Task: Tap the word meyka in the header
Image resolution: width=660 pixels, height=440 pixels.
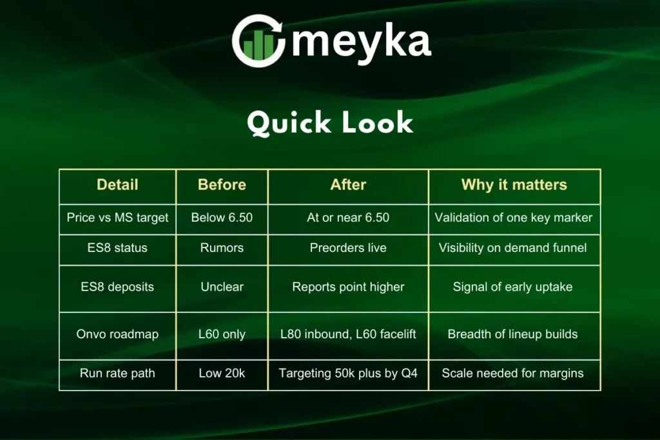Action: click(x=362, y=43)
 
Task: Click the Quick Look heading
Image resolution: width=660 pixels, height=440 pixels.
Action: click(x=330, y=123)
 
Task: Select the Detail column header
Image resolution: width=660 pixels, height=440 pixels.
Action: click(x=117, y=185)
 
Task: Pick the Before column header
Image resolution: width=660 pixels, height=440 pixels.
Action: click(x=222, y=185)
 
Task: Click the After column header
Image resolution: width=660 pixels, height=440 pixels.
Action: click(x=348, y=185)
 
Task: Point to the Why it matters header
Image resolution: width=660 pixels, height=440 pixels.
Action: click(x=514, y=185)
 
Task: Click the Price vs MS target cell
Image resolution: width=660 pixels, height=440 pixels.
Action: click(x=117, y=218)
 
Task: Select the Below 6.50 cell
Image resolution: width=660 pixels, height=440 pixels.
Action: click(x=222, y=218)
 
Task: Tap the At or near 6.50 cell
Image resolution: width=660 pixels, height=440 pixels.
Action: click(x=348, y=218)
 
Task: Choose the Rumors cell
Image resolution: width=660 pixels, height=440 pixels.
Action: click(x=222, y=248)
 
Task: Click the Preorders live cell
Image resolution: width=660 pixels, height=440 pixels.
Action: click(x=348, y=248)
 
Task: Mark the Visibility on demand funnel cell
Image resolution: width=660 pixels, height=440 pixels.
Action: click(x=512, y=248)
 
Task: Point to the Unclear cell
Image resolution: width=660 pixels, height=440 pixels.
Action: click(x=222, y=287)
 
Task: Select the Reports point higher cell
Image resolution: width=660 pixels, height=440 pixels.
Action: click(x=348, y=287)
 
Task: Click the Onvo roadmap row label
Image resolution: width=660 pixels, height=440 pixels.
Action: click(x=117, y=334)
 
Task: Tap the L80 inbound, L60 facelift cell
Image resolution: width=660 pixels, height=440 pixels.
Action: click(x=348, y=334)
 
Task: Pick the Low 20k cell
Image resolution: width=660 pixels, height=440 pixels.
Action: click(x=222, y=373)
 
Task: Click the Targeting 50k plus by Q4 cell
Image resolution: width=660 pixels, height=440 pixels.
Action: click(x=348, y=373)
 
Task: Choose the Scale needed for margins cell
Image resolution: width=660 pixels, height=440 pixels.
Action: click(x=512, y=373)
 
